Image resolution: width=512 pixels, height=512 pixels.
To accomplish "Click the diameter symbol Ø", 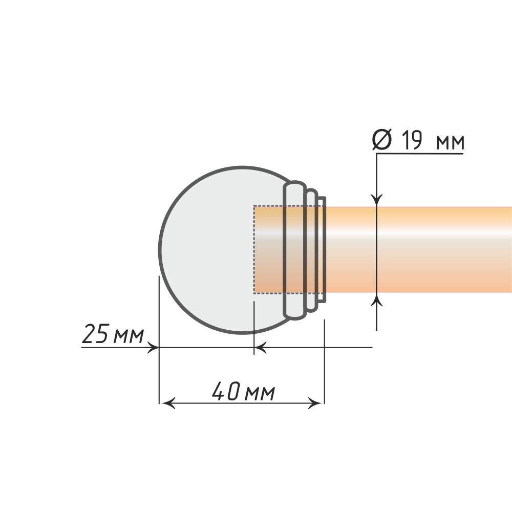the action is point(382,140).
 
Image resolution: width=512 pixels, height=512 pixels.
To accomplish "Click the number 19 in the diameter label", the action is point(412,140).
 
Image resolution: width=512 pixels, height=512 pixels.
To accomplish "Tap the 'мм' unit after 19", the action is point(450,143).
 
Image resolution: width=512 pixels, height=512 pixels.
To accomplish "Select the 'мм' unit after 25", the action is point(129,336).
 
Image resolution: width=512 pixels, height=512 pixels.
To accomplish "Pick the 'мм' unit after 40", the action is point(260,393).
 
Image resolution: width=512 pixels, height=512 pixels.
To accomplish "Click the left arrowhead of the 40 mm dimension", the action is point(168,403).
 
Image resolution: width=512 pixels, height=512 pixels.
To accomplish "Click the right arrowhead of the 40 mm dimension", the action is point(315,403).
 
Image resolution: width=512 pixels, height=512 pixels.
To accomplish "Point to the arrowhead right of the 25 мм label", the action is point(153,348).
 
